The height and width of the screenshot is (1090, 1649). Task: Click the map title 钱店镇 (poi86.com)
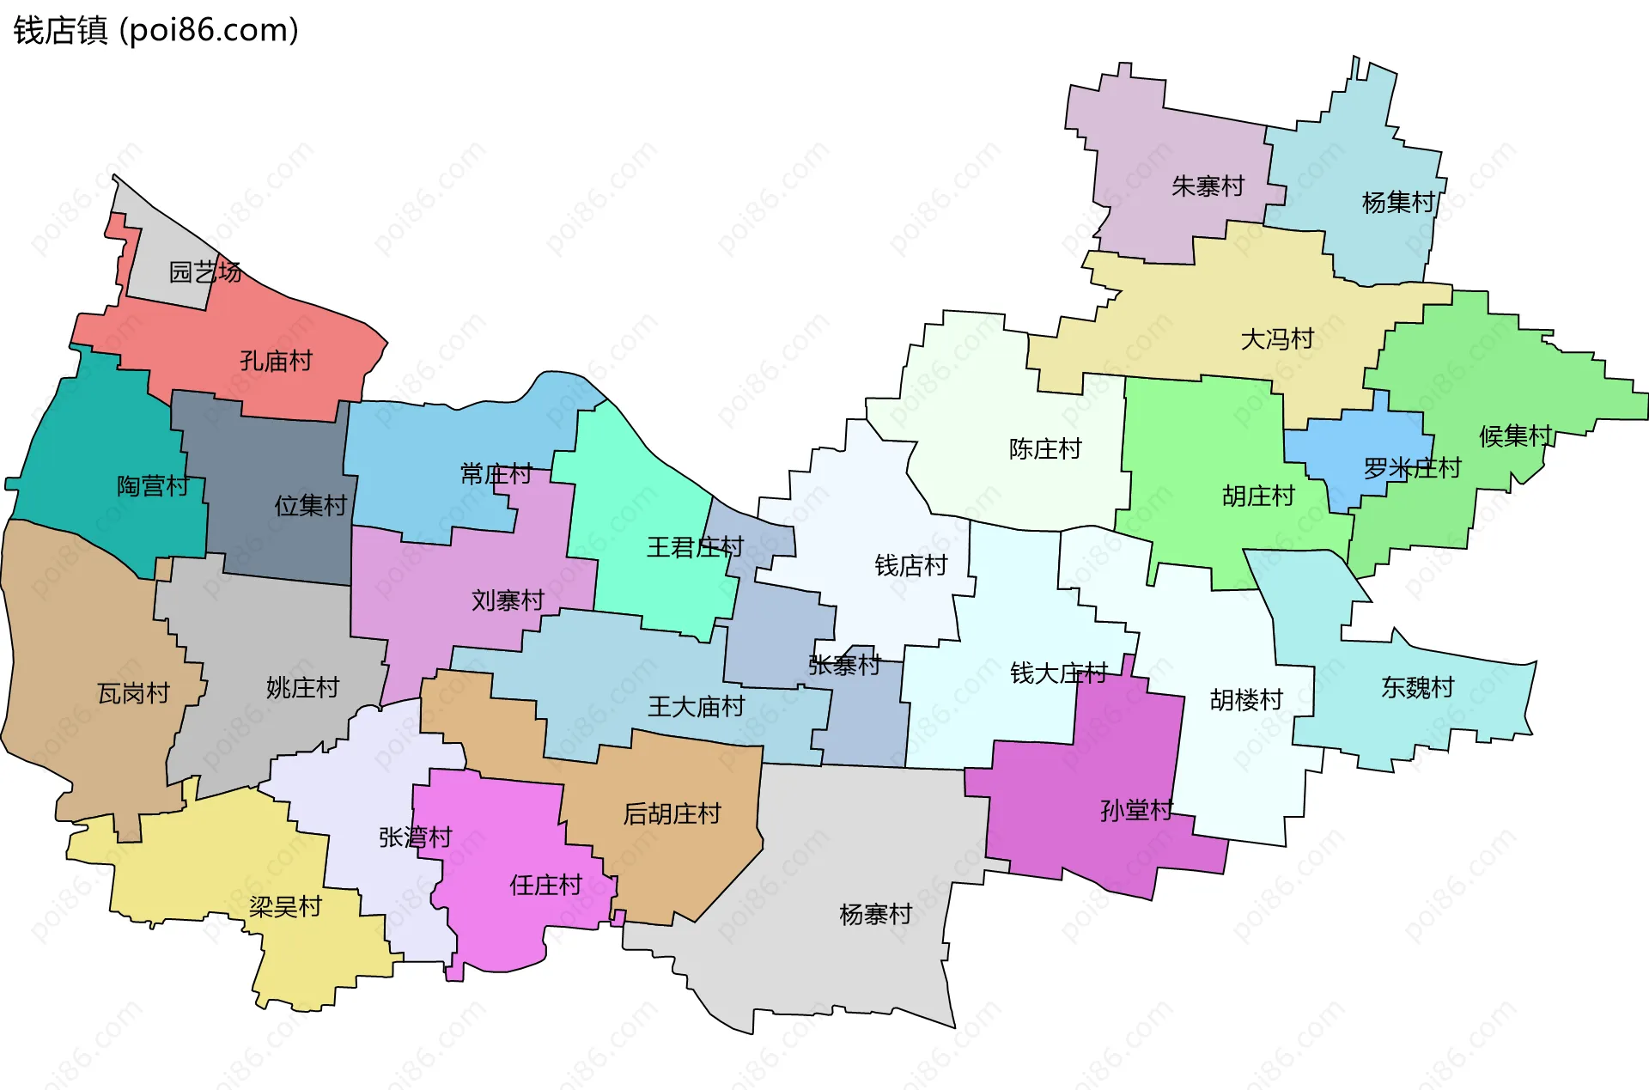(155, 30)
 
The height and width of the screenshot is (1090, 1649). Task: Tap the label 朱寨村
(1208, 186)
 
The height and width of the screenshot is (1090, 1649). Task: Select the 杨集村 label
(1398, 203)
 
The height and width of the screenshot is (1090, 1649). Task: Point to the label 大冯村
(1277, 339)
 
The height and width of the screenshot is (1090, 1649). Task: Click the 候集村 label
(1515, 436)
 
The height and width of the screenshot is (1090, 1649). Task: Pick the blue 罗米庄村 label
(1412, 468)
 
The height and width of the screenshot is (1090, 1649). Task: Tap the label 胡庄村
(1257, 496)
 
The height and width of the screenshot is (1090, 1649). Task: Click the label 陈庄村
(1044, 449)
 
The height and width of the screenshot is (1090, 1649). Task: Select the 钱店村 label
(910, 565)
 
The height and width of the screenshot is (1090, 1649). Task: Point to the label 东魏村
(1417, 687)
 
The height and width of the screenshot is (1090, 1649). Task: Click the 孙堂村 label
(1136, 810)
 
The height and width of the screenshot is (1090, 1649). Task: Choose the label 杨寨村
(875, 914)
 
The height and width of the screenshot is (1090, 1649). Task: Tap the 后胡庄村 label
(672, 813)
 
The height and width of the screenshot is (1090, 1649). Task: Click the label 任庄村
(545, 885)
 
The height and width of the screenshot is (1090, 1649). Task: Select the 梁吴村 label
(285, 907)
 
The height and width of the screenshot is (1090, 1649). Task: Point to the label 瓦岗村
(133, 693)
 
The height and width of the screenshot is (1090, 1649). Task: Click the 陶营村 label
(153, 486)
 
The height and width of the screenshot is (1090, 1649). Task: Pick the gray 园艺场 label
(204, 272)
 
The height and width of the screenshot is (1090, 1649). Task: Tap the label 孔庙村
(276, 361)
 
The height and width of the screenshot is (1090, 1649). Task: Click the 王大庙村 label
(696, 707)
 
